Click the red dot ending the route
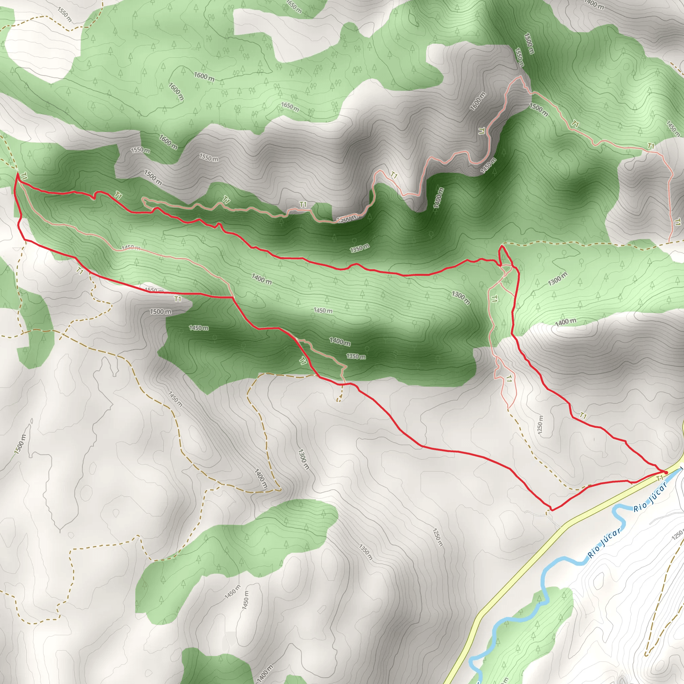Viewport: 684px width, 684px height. click(x=666, y=473)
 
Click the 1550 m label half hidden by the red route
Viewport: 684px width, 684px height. click(x=154, y=290)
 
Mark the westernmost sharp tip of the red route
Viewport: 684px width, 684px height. click(x=17, y=174)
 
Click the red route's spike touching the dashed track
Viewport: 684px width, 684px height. click(x=502, y=246)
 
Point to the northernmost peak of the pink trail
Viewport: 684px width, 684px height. click(x=520, y=76)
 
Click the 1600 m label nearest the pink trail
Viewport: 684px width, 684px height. click(x=478, y=101)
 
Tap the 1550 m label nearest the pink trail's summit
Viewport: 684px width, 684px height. click(x=519, y=57)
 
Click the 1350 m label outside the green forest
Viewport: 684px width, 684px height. click(x=366, y=552)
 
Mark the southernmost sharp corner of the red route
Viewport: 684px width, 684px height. click(x=551, y=510)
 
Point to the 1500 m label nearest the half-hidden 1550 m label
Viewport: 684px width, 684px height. click(x=161, y=312)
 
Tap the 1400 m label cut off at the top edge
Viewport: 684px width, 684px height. click(x=594, y=5)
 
